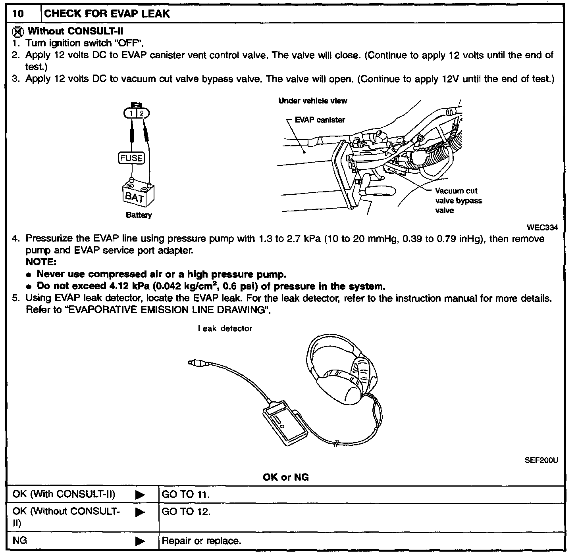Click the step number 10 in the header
point(18,14)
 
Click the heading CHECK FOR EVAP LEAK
point(107,14)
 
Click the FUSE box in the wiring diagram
point(131,158)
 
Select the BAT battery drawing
point(137,194)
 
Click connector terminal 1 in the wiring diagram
point(130,114)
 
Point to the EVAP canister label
point(320,120)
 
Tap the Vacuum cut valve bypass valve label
point(458,201)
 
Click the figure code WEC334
point(542,228)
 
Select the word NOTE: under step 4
point(41,262)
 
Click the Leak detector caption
point(225,328)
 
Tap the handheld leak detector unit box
point(285,424)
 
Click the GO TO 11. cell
point(186,495)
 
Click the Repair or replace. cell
point(201,541)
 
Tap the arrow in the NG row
point(140,541)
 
